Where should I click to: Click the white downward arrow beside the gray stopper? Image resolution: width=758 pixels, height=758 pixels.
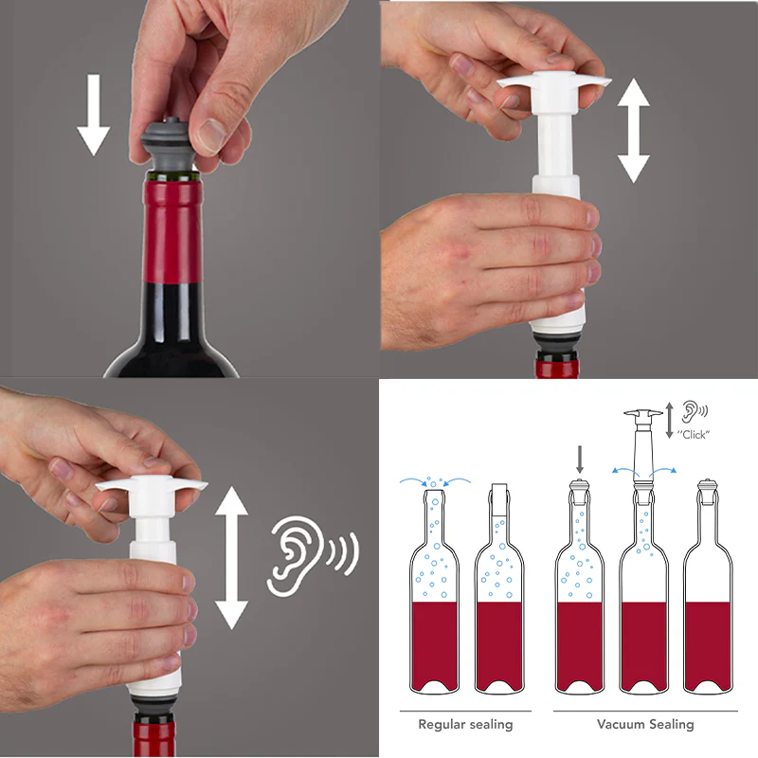[93, 115]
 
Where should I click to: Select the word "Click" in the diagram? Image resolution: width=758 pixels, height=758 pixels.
[694, 435]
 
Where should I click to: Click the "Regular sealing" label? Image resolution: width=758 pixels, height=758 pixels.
[465, 724]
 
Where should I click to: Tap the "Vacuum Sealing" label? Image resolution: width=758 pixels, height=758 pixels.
[645, 724]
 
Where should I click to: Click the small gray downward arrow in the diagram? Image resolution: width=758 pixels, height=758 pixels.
[580, 460]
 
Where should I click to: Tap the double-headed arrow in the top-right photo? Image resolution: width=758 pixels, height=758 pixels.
[633, 131]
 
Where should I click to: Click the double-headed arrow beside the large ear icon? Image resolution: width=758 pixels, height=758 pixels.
[231, 558]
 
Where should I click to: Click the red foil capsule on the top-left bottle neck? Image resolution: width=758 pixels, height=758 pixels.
[172, 231]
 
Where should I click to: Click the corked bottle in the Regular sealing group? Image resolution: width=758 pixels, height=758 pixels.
[499, 588]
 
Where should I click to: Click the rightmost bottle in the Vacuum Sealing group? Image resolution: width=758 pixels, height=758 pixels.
[708, 587]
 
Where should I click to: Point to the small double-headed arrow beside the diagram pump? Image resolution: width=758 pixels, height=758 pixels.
[670, 421]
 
